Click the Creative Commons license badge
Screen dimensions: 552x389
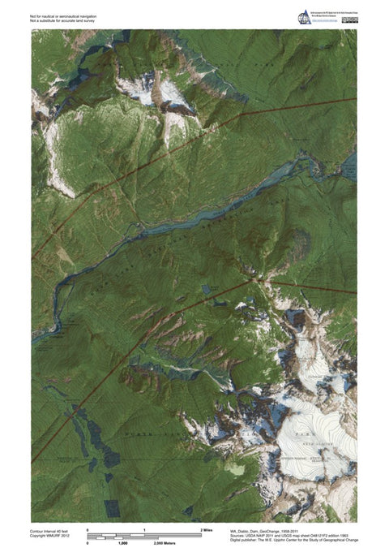click(x=349, y=15)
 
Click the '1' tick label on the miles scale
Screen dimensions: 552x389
click(x=144, y=529)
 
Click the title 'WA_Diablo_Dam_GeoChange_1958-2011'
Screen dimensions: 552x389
click(x=261, y=529)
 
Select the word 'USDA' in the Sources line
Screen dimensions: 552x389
click(x=250, y=535)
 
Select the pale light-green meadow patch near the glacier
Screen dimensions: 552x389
click(x=236, y=469)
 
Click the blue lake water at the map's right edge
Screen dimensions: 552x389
click(x=350, y=166)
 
